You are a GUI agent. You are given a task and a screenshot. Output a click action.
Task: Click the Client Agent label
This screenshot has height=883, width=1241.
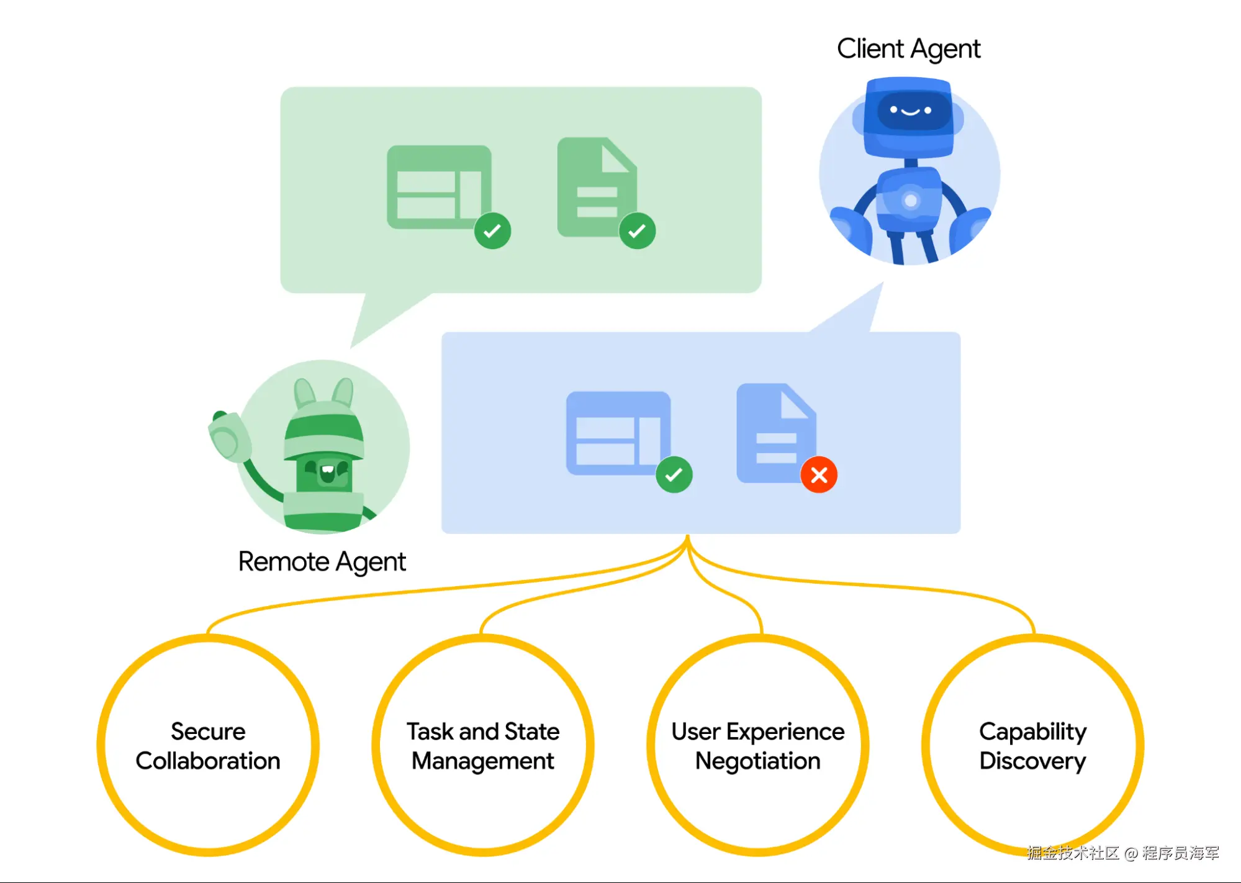pyautogui.click(x=908, y=49)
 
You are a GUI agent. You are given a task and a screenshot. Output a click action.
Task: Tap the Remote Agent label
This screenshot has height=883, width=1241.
pyautogui.click(x=322, y=562)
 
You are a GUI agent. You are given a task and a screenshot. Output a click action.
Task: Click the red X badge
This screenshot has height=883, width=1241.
pyautogui.click(x=819, y=475)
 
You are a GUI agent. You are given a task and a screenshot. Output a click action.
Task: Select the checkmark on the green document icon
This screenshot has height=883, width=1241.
pyautogui.click(x=637, y=231)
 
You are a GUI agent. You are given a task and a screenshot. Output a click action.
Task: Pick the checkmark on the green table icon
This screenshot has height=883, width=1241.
pyautogui.click(x=492, y=231)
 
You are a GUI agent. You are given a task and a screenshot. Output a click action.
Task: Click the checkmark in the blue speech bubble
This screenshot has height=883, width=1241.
pyautogui.click(x=674, y=475)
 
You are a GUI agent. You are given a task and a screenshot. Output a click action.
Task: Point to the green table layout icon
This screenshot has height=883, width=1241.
pyautogui.click(x=439, y=187)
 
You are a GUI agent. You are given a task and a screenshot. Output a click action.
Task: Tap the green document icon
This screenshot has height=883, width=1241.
pyautogui.click(x=597, y=187)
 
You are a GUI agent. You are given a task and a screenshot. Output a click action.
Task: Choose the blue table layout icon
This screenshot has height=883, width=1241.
pyautogui.click(x=618, y=433)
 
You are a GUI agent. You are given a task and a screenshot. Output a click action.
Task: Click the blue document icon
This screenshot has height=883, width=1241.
pyautogui.click(x=776, y=433)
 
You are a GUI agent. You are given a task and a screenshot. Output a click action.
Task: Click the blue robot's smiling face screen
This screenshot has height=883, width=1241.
pyautogui.click(x=911, y=111)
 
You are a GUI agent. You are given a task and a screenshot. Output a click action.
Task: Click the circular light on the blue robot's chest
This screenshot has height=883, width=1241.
pyautogui.click(x=911, y=201)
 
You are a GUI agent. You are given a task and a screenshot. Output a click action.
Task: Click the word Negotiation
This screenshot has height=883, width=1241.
pyautogui.click(x=758, y=761)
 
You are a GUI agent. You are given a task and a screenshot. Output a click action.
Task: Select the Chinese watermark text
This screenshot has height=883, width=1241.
pyautogui.click(x=1123, y=853)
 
